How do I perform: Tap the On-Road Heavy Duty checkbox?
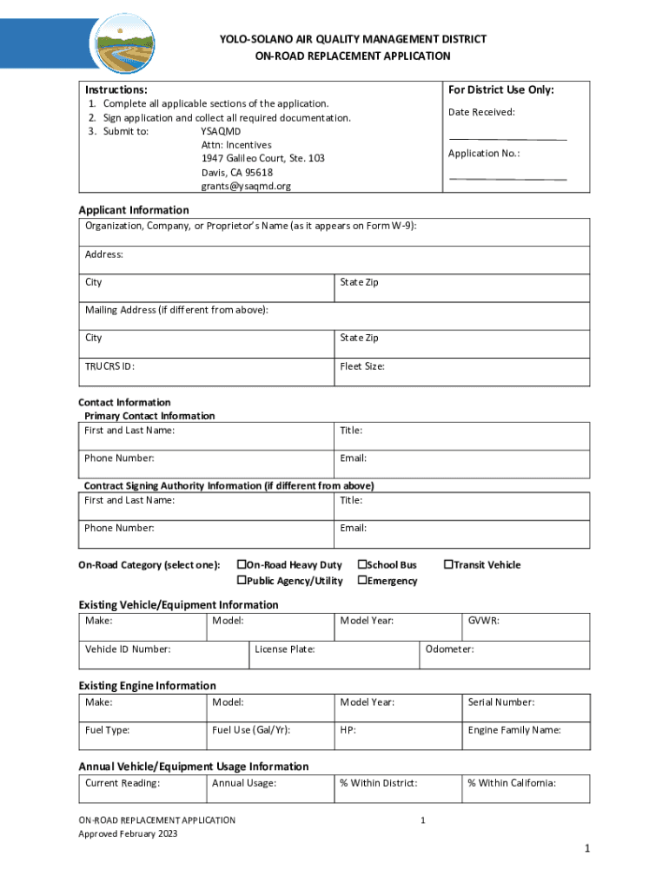point(242,565)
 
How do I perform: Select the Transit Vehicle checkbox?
point(448,565)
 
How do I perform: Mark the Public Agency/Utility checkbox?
point(242,581)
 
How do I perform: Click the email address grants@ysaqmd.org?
point(246,187)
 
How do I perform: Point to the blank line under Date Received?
point(507,138)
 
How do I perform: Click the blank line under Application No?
point(507,179)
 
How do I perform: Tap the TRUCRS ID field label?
point(109,366)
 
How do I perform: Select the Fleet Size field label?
point(362,366)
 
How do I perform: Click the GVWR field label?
point(483,621)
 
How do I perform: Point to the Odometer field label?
point(449,649)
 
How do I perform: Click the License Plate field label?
point(285,649)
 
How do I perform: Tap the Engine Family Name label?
point(514,730)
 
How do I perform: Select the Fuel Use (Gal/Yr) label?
point(251,730)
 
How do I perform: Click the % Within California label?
point(512,783)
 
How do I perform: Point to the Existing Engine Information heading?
point(148,686)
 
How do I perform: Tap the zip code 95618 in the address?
point(259,173)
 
